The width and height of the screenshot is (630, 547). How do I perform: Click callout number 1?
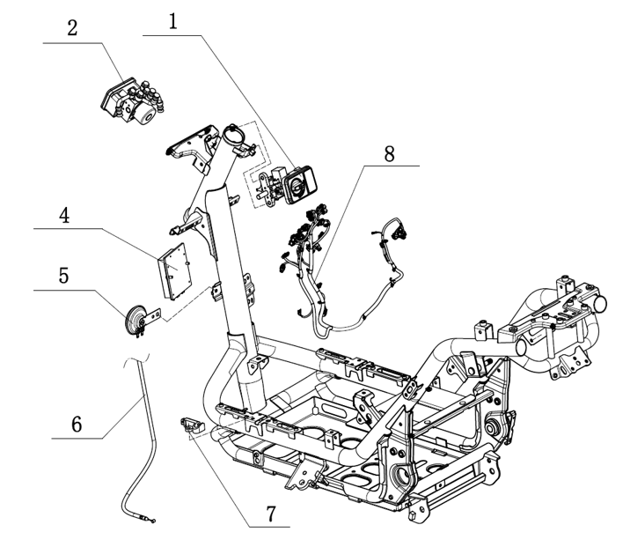click(x=172, y=22)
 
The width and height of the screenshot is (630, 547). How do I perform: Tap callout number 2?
click(x=72, y=28)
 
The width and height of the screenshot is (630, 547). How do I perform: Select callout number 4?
click(x=64, y=215)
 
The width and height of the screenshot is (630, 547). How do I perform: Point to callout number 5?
click(x=64, y=276)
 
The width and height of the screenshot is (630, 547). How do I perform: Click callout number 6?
click(x=77, y=424)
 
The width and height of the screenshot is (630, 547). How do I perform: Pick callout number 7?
click(x=271, y=514)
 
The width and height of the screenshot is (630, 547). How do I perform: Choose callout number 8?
click(x=389, y=153)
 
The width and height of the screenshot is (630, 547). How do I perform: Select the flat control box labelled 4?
click(x=175, y=271)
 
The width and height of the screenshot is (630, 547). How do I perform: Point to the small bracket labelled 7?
click(x=192, y=426)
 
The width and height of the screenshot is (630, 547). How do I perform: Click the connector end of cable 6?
click(x=150, y=520)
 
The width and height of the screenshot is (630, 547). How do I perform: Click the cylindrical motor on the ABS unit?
click(x=145, y=115)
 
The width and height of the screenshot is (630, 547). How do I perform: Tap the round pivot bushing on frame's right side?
click(x=491, y=427)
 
